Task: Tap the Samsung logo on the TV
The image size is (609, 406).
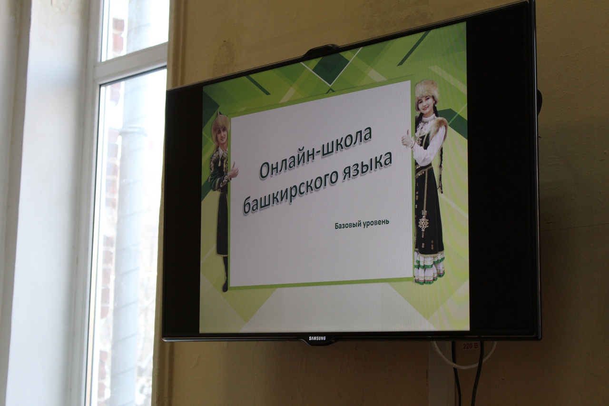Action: (x=317, y=338)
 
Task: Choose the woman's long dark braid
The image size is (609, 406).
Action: (x=440, y=163)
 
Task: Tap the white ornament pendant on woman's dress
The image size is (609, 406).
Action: (x=423, y=221)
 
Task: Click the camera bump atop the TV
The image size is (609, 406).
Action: (x=321, y=50)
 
